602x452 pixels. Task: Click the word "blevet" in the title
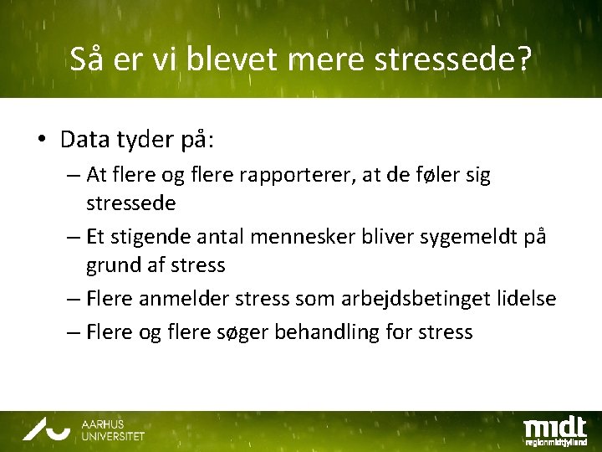pyautogui.click(x=240, y=59)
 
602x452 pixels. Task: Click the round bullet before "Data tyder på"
pyautogui.click(x=42, y=140)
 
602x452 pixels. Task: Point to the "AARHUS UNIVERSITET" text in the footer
pyautogui.click(x=113, y=429)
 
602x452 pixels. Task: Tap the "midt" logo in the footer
pyautogui.click(x=554, y=427)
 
